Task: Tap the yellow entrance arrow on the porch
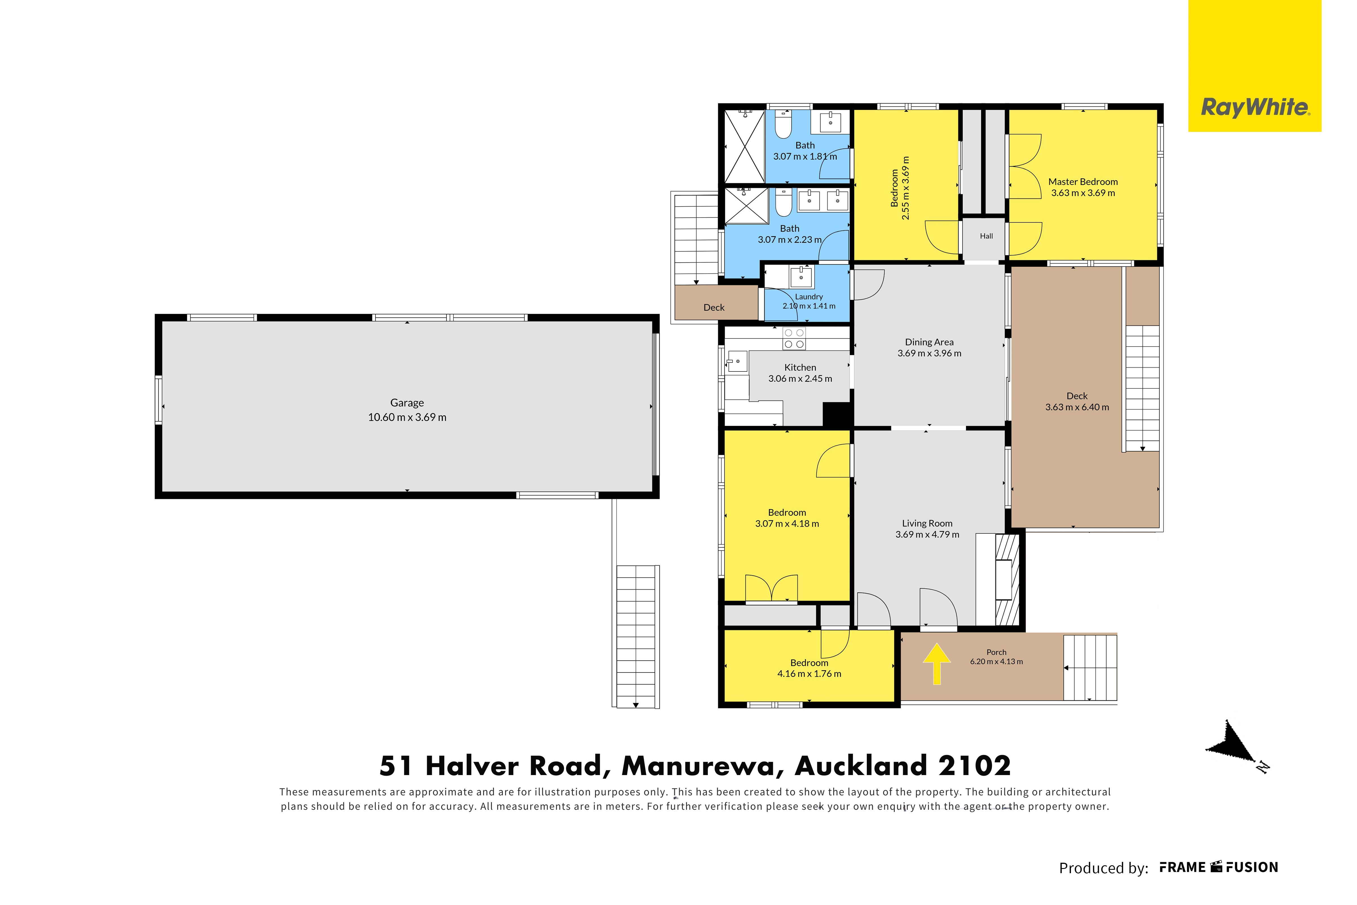(937, 664)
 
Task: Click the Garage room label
(407, 403)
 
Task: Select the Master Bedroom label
(1083, 182)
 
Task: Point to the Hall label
(986, 236)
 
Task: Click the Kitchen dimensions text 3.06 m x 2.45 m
(800, 379)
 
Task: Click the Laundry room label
(809, 297)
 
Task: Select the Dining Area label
(929, 342)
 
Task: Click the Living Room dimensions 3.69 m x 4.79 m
(927, 534)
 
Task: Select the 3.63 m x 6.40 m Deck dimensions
(1077, 407)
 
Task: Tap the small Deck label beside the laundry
(714, 307)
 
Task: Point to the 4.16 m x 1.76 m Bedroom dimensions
(809, 674)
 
